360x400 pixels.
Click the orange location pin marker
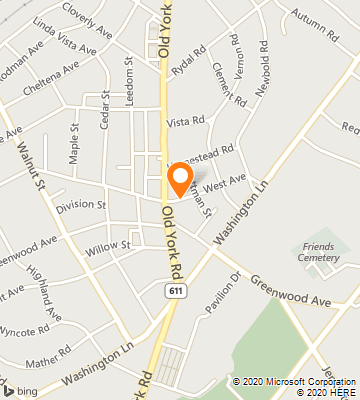[x=180, y=178]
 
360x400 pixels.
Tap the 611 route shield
[x=175, y=289]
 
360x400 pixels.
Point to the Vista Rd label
[x=186, y=121]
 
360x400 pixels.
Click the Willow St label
[x=109, y=244]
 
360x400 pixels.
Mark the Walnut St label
[x=32, y=165]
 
